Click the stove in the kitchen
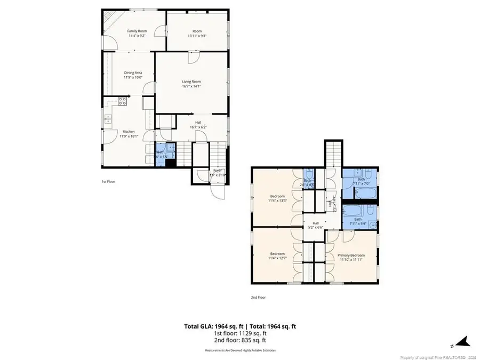coord(122,100)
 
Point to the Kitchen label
coord(129,131)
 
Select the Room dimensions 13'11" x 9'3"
coord(197,36)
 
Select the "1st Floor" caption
coord(108,182)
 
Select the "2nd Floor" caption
coord(258,297)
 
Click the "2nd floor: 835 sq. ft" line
coord(240,340)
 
